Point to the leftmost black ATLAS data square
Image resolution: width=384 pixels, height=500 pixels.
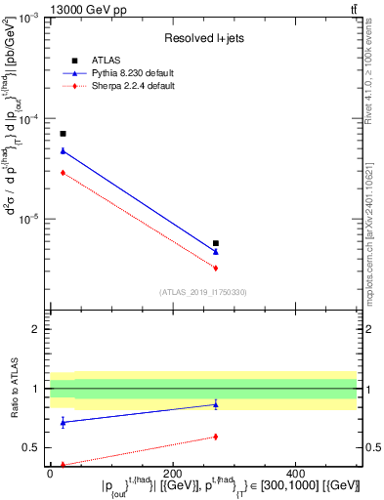click(63, 134)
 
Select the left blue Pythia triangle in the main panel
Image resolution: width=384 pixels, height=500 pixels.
click(63, 150)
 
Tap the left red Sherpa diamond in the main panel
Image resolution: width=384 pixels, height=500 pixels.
click(63, 172)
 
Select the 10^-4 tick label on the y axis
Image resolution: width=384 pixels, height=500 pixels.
click(29, 118)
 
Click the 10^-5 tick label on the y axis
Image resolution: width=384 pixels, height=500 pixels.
click(29, 219)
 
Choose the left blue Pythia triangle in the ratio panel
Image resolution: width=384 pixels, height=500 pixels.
click(63, 422)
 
